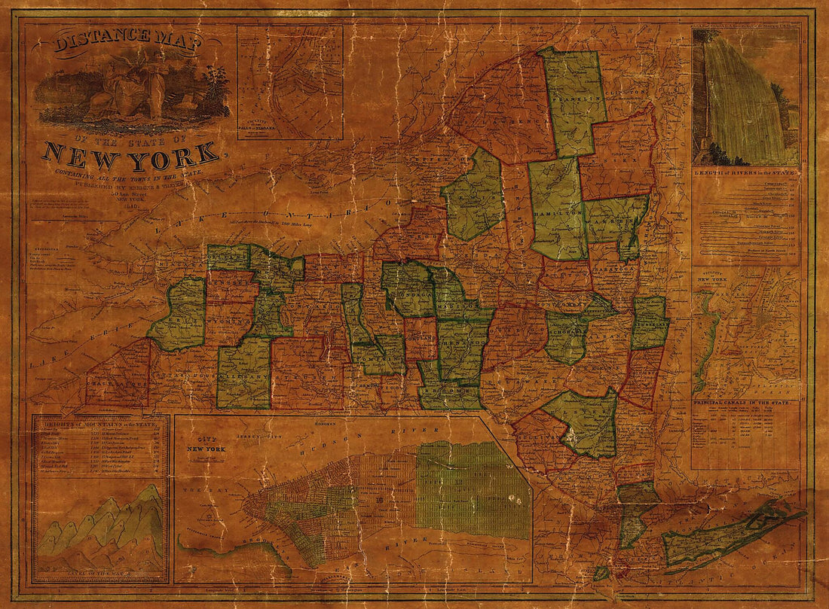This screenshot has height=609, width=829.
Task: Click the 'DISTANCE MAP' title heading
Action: tap(127, 43)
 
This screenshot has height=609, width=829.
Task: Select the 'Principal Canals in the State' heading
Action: tap(746, 404)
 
